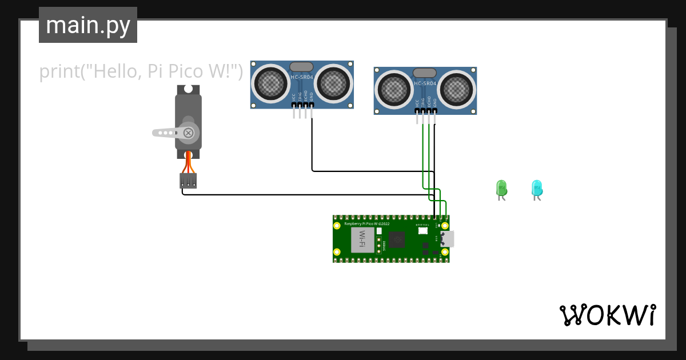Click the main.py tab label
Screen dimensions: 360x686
tap(88, 25)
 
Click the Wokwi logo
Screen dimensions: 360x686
tap(607, 315)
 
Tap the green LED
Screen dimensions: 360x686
tap(501, 188)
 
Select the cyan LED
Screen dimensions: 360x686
tap(537, 188)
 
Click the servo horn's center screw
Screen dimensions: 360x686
tap(189, 133)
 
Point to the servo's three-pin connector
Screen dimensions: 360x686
tap(188, 181)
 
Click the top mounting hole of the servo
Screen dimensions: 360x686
tap(188, 89)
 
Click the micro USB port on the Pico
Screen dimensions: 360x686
tap(448, 239)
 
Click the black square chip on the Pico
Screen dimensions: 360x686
tap(397, 240)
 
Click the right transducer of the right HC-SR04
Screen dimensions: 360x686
tap(457, 89)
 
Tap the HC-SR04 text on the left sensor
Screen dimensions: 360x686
tap(302, 77)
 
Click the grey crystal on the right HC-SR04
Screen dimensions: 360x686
tap(424, 73)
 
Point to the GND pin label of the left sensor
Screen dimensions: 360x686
tap(312, 98)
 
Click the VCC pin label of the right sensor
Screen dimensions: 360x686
tap(417, 103)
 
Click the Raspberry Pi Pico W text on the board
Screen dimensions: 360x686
tap(366, 223)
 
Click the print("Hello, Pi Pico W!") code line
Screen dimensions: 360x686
tap(141, 72)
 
